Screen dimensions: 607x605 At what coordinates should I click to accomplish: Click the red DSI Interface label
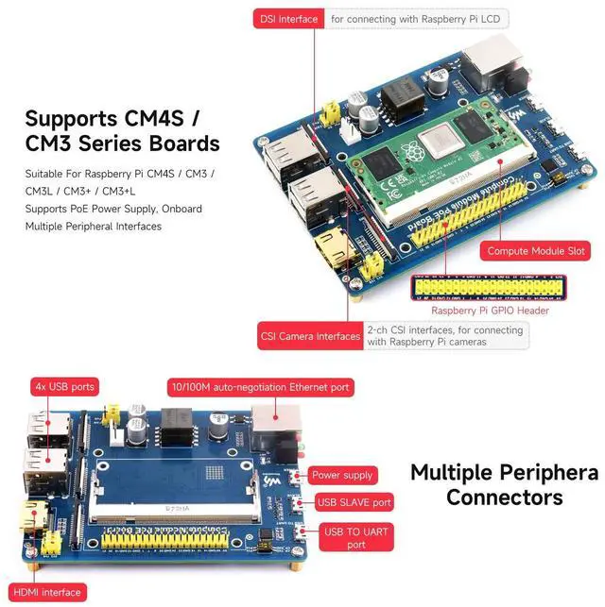pos(287,19)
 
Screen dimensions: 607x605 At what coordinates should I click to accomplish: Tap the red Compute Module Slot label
pos(536,251)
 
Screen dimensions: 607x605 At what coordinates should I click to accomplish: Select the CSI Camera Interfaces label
pos(310,335)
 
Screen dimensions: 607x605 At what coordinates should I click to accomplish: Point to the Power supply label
pos(342,475)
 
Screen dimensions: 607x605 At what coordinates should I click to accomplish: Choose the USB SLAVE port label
pos(354,503)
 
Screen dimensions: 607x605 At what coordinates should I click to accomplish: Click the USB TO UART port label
pos(355,538)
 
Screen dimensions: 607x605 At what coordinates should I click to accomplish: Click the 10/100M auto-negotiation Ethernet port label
pos(260,387)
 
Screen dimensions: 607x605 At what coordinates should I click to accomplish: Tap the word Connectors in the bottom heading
pos(505,497)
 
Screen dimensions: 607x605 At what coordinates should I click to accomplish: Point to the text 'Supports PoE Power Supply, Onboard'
pos(113,209)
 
